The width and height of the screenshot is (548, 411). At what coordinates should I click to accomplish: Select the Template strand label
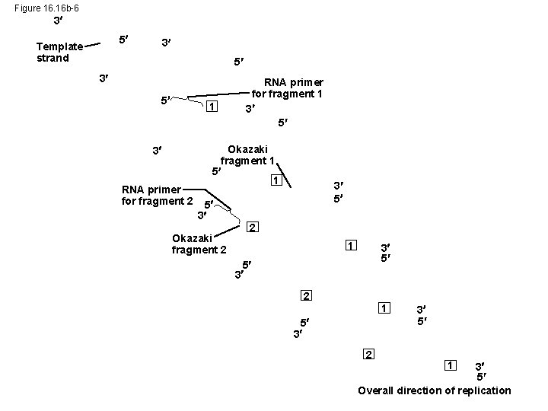coord(59,53)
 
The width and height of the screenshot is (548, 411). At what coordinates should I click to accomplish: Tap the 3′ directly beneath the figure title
coord(58,21)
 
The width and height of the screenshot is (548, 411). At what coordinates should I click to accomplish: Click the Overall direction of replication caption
coord(435,390)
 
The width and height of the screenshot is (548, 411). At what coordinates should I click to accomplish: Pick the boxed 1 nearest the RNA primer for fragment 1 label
coord(213,106)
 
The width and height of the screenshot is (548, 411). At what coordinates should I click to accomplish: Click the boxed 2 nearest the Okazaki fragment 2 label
coord(253,228)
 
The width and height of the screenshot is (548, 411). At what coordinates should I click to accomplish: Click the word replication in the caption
coord(481,390)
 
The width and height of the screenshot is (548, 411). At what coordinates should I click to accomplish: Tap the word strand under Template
coord(53,59)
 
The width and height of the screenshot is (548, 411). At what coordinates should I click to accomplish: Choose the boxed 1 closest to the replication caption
coord(451,365)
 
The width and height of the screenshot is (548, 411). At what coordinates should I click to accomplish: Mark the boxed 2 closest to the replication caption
coord(368,355)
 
